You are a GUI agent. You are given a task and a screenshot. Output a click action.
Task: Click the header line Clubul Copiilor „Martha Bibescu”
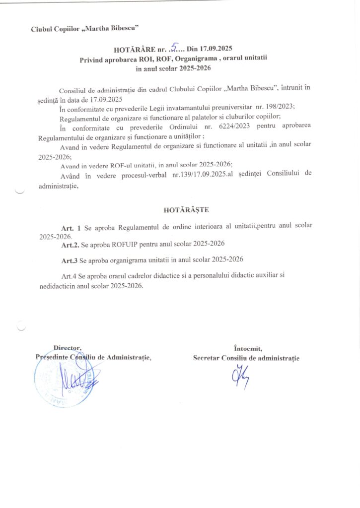[x=80, y=29]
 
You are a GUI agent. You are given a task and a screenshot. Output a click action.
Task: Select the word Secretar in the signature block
[x=206, y=358]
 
